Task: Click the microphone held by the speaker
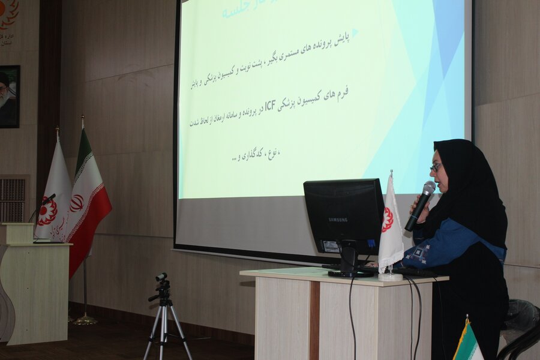click(x=421, y=204)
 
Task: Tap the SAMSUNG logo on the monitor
click(x=338, y=220)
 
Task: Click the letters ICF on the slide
click(x=270, y=109)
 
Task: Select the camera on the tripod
click(x=161, y=278)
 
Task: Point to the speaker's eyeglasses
click(x=436, y=166)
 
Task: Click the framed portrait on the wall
click(x=9, y=96)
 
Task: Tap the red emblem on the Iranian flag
click(x=77, y=203)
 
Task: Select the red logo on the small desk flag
click(x=387, y=219)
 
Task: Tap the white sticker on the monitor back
click(x=331, y=247)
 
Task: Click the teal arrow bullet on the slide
click(x=355, y=32)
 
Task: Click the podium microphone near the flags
click(x=48, y=199)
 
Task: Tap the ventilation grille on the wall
click(x=13, y=198)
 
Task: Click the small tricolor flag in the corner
click(x=468, y=344)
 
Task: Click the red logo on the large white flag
click(x=47, y=211)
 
